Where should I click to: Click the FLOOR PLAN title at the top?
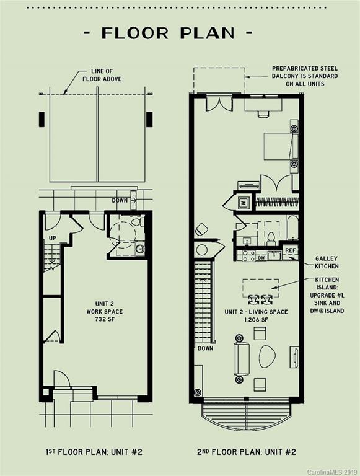[168, 33]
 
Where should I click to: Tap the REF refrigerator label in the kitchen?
[290, 250]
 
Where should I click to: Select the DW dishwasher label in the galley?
[261, 258]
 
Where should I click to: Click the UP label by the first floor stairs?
[53, 238]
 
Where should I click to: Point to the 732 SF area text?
[104, 319]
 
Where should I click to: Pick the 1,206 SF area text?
[256, 320]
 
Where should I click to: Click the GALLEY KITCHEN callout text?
[327, 262]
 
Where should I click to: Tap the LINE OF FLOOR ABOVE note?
[102, 75]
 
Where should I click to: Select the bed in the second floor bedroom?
[281, 146]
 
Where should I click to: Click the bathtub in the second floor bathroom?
[293, 227]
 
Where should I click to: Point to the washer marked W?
[243, 202]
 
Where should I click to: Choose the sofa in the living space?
[242, 359]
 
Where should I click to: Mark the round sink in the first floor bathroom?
[140, 249]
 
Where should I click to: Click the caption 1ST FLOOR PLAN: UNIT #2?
[94, 452]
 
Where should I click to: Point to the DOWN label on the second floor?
[206, 348]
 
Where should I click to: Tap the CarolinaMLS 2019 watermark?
[333, 472]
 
